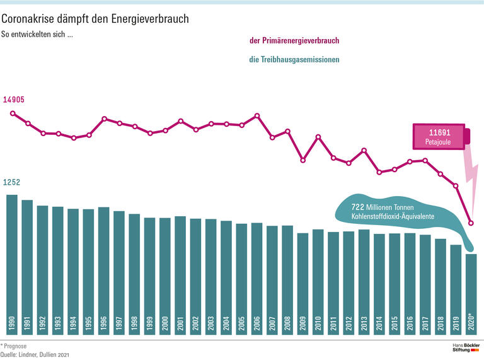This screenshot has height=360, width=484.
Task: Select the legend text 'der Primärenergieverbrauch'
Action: [294, 41]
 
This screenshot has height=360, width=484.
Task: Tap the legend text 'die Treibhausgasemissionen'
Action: [294, 60]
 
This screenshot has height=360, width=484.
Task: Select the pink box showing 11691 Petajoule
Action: [440, 136]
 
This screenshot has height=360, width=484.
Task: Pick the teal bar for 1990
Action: [12, 265]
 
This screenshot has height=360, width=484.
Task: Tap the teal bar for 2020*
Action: [471, 293]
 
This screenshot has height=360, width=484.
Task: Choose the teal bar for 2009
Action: [302, 284]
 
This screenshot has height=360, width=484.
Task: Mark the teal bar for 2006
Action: [256, 277]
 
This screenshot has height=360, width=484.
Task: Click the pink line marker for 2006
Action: [257, 115]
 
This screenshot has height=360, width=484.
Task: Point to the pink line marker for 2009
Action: [302, 160]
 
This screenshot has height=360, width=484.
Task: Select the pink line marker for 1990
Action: [13, 113]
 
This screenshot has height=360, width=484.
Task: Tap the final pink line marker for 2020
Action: [471, 223]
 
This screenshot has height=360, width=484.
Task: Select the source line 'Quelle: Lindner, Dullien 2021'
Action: [35, 355]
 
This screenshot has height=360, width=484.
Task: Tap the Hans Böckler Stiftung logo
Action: [466, 349]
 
